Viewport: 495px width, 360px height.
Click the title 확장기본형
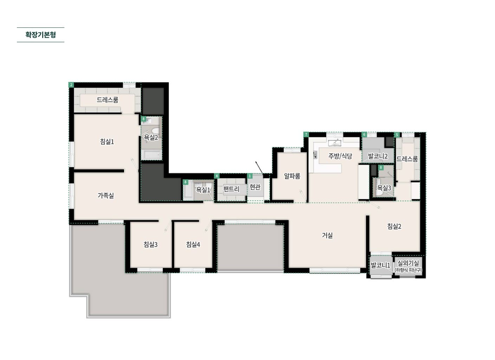coord(40,35)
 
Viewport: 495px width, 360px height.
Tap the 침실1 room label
coord(107,141)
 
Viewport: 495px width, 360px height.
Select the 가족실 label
coord(105,195)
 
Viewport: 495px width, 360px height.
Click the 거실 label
coord(327,235)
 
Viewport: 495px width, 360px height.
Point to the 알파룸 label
coord(292,176)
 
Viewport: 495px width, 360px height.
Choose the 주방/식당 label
coord(340,156)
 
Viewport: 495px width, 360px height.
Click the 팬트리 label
coord(231,189)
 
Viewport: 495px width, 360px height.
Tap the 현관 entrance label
coord(255,187)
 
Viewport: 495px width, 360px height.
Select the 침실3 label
coord(150,244)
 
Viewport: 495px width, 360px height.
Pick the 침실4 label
coord(193,244)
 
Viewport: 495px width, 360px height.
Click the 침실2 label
coord(394,226)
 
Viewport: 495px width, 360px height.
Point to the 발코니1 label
coord(380,265)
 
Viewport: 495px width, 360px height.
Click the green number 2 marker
coord(71,85)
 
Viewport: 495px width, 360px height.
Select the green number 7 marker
coord(306,134)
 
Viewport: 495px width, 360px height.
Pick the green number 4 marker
coord(217,176)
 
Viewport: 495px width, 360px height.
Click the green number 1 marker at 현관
coord(250,176)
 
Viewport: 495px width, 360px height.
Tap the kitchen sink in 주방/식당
coord(335,143)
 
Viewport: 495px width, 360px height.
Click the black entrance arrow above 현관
coord(259,168)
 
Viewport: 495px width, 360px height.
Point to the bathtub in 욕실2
coord(152,154)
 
